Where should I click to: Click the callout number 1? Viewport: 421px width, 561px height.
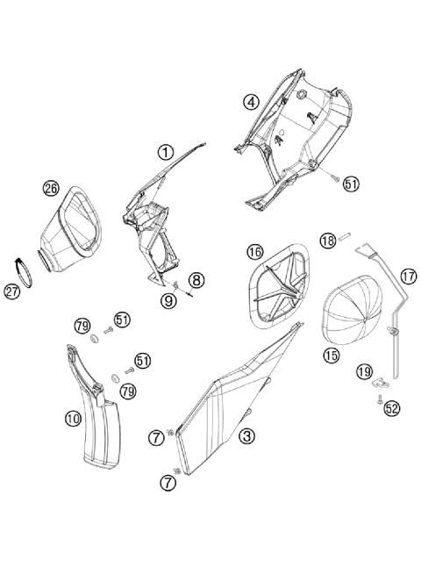[165, 152]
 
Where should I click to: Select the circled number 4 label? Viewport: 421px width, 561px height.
[251, 102]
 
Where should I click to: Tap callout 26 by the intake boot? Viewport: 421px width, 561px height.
[51, 188]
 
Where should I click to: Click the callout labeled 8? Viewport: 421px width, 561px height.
[196, 280]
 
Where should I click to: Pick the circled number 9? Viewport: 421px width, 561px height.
[168, 301]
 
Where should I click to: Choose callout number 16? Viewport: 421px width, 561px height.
[254, 252]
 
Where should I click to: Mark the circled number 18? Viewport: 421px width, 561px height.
[327, 241]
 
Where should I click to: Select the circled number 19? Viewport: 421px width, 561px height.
[363, 372]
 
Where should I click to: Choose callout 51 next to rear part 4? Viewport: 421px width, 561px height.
[351, 184]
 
